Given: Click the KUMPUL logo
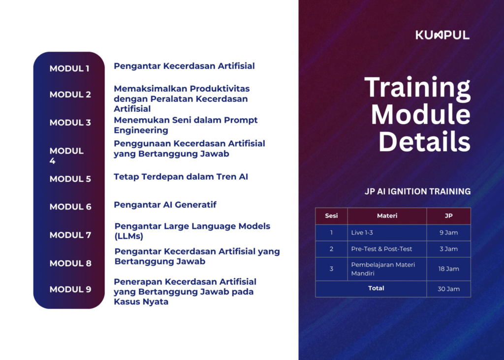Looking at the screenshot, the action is point(442,35).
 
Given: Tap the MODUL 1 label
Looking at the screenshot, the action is point(69,68).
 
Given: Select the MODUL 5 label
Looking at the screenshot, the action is point(70,179).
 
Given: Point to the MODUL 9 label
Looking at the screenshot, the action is point(70,289).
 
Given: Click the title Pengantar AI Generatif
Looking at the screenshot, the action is point(165,204).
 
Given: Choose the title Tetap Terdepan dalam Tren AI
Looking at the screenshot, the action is point(181,177).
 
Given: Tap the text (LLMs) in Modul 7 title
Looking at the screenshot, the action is point(129,236).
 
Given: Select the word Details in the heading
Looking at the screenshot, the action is point(425,141).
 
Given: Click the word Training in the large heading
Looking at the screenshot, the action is point(417,88).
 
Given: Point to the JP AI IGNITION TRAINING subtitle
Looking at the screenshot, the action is point(417,192).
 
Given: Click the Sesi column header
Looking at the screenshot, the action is point(331,216).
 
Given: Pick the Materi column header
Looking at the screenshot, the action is point(387,216).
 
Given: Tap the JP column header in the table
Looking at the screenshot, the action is point(449,216).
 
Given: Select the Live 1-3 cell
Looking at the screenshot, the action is point(362,232).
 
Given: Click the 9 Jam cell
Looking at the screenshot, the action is point(449,232).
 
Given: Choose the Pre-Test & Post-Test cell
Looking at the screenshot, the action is point(381,249).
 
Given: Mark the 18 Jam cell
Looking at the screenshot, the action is point(449,269).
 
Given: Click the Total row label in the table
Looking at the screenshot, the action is point(376,288).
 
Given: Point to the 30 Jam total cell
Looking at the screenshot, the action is point(449,289).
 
